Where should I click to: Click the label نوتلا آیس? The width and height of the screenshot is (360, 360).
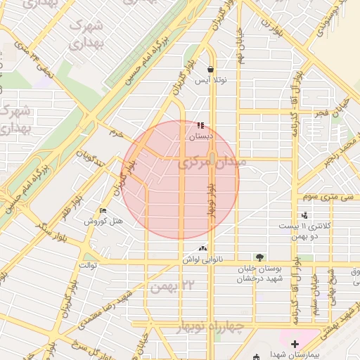(x=211, y=81)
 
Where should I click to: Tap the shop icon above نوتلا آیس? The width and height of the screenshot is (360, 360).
(x=211, y=70)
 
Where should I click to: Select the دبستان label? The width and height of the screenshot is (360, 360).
(x=200, y=137)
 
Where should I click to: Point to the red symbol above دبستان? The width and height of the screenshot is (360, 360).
(x=201, y=126)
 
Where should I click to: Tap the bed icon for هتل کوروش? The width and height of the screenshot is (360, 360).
(x=103, y=211)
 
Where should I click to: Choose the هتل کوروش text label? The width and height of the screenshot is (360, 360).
(x=103, y=221)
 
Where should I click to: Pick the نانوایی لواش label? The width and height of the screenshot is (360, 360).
(x=203, y=259)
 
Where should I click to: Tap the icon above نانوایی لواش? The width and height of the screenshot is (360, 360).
(x=203, y=248)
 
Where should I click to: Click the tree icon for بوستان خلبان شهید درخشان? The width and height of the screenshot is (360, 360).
(x=260, y=258)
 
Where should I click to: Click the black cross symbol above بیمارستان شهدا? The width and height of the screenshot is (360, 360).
(x=294, y=344)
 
